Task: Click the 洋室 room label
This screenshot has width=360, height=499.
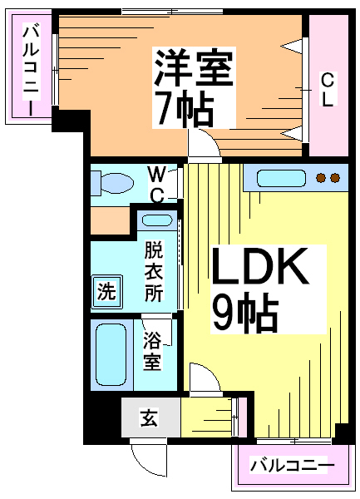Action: click(194, 68)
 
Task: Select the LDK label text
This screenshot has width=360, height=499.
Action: click(260, 266)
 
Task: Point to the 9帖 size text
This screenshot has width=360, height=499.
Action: click(245, 314)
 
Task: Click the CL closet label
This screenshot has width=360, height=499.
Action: click(328, 90)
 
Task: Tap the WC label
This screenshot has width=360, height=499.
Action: click(157, 185)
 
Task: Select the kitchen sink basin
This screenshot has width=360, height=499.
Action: click(281, 178)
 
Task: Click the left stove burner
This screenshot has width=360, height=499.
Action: click(321, 178)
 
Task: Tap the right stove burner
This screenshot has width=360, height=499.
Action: click(335, 178)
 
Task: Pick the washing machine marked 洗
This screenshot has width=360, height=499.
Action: click(107, 292)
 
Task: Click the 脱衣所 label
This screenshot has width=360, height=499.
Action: click(154, 271)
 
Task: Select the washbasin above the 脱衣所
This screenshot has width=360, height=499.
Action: click(157, 220)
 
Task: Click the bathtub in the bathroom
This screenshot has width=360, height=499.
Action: click(111, 354)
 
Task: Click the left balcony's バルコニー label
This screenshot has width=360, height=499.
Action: click(31, 71)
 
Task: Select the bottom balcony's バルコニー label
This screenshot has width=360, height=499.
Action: click(292, 466)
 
